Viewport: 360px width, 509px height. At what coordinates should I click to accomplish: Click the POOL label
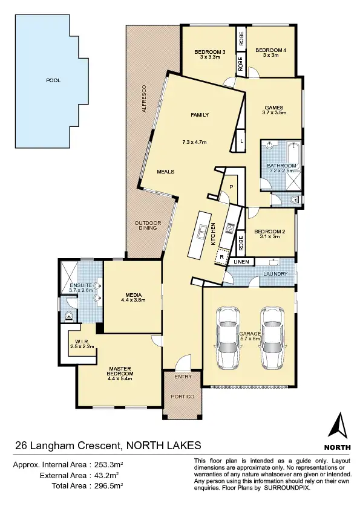53,80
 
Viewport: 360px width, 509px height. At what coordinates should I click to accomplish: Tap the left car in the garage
227,338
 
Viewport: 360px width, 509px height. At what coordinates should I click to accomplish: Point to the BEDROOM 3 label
210,53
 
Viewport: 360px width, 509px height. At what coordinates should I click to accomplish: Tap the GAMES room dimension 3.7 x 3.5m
273,112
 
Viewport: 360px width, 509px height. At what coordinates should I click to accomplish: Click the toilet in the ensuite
69,315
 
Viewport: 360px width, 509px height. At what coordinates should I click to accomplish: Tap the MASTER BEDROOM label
121,371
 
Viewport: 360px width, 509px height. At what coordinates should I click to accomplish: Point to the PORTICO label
183,397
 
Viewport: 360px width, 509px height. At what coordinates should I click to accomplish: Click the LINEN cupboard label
241,262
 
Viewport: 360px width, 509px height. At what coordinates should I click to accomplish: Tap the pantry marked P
231,187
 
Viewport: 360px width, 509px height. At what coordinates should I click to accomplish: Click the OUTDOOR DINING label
148,225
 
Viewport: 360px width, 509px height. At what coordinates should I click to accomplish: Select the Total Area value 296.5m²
109,485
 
